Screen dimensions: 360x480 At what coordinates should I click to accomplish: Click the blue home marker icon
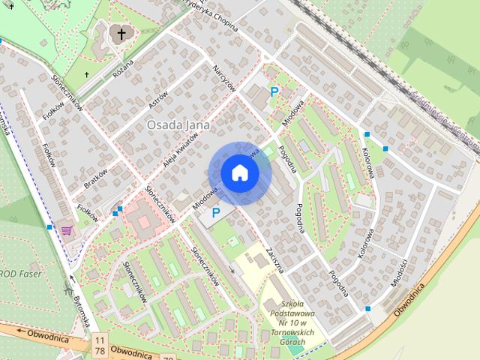[x=240, y=173]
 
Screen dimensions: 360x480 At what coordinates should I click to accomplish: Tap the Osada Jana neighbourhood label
[x=177, y=124]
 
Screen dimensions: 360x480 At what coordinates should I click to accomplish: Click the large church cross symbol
[x=121, y=34]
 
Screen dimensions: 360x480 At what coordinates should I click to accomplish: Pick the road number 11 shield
[x=99, y=341]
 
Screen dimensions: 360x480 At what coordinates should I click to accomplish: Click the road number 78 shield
[x=99, y=352]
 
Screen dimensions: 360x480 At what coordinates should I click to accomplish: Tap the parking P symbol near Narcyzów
[x=274, y=92]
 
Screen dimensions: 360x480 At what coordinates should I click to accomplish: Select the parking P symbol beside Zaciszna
[x=216, y=213]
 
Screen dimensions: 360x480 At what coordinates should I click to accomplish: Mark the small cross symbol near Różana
[x=87, y=74]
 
